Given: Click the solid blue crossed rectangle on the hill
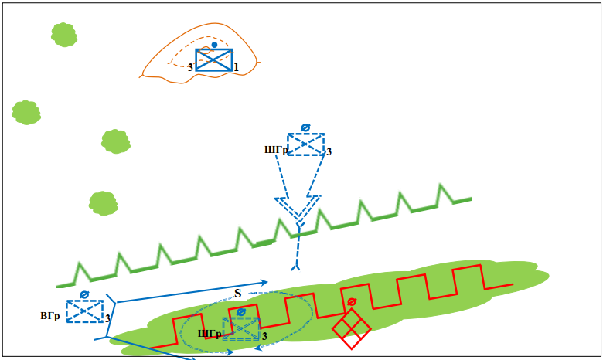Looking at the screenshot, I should (x=214, y=59).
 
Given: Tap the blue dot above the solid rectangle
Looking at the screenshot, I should (x=214, y=45).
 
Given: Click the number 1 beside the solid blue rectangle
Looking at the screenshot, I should (x=236, y=68).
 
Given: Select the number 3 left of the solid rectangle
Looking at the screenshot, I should (x=190, y=68).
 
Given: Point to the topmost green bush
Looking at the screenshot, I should (x=63, y=34).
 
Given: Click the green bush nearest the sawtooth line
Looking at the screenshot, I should (x=103, y=202).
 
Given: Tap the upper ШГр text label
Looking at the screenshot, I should (x=276, y=151).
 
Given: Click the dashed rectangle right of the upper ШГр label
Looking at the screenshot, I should (x=305, y=144).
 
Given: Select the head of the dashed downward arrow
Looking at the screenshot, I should (x=298, y=209).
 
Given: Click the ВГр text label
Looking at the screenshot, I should (x=50, y=316).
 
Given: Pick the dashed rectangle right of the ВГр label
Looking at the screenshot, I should (x=84, y=311).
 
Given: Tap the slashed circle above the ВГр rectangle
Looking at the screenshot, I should (x=84, y=294).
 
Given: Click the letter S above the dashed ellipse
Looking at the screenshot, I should (x=237, y=293).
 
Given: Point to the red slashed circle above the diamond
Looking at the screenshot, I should (x=352, y=301).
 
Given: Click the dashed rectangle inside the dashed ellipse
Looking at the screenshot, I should (x=240, y=328).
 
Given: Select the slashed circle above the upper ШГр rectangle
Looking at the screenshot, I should (x=305, y=127).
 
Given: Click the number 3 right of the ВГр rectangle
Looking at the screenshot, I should (x=107, y=318).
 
